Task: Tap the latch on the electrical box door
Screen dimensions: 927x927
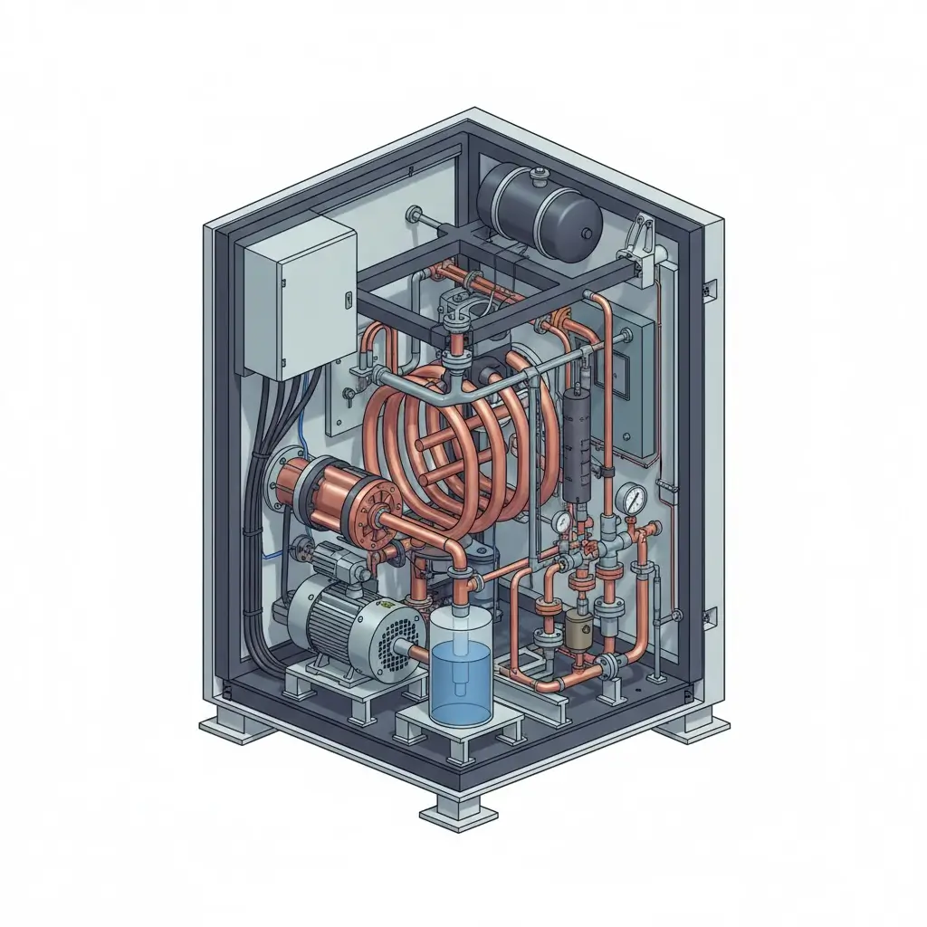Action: pos(348,296)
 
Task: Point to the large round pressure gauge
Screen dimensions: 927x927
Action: pos(634,498)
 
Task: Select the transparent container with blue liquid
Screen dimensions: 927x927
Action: pos(460,665)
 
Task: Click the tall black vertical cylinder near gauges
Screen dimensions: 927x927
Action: pos(576,444)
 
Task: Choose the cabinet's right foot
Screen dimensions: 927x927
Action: pos(695,725)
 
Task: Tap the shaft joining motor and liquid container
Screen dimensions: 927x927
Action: pos(419,651)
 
